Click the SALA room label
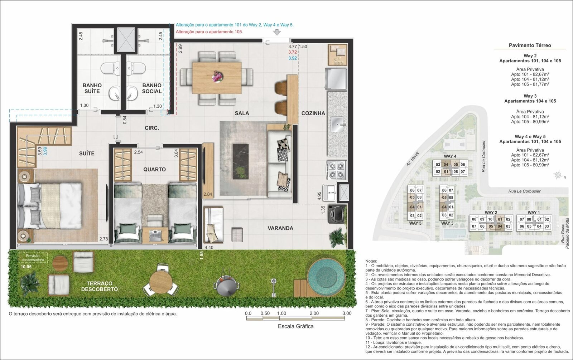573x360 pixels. (242, 113)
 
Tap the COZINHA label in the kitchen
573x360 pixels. (313, 113)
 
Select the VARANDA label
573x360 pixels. (280, 228)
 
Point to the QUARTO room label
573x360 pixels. (154, 169)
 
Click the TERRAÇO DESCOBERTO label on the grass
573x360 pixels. (99, 286)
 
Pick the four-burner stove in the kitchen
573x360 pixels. (336, 170)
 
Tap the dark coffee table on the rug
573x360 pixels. (240, 161)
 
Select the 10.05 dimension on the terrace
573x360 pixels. (26, 267)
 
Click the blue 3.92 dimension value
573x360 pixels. (293, 58)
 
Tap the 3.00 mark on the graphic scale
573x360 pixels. (347, 313)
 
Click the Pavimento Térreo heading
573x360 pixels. (530, 45)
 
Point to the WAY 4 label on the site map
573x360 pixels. (450, 156)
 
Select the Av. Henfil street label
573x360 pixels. (412, 159)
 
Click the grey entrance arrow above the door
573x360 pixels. (277, 32)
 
